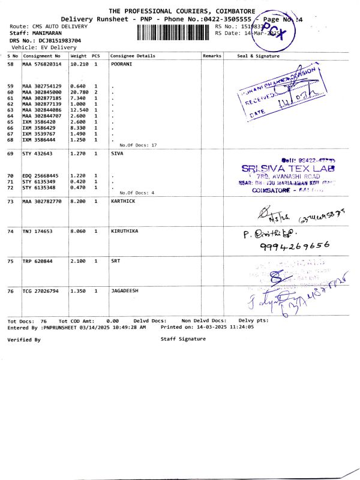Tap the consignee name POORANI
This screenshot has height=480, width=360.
(x=122, y=64)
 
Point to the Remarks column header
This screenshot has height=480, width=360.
(x=212, y=56)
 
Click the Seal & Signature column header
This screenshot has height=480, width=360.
(x=259, y=56)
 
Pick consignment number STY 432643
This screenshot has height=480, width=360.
(x=38, y=154)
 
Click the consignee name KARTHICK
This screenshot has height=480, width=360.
(x=124, y=202)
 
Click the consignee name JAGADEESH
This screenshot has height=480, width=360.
(x=125, y=290)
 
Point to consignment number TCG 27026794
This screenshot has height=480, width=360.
(x=42, y=290)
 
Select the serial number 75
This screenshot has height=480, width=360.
(x=10, y=261)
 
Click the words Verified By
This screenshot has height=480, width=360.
(x=23, y=340)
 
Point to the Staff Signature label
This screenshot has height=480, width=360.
(x=182, y=339)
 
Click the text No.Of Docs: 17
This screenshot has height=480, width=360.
(x=138, y=146)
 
